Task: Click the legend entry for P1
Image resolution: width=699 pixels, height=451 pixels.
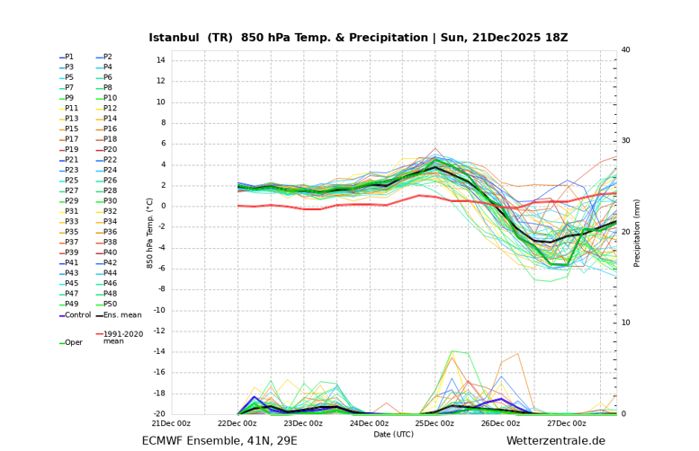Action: point(69,57)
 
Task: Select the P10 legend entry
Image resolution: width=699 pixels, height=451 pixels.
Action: point(110,98)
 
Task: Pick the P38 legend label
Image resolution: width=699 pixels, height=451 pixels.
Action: point(110,243)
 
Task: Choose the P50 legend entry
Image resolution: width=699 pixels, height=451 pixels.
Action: point(110,305)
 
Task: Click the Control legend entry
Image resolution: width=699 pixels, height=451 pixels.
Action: point(77,315)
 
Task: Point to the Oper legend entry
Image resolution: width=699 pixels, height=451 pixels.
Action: point(72,342)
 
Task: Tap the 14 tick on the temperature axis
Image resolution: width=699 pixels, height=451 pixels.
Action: point(161,60)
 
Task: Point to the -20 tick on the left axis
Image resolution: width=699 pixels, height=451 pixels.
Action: point(158,414)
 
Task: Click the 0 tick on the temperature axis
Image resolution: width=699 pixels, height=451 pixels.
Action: point(163,206)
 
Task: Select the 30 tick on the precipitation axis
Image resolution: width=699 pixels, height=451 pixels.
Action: point(626,141)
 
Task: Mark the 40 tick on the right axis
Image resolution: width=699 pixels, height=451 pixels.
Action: point(626,50)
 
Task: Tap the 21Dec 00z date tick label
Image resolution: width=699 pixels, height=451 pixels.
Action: point(171,423)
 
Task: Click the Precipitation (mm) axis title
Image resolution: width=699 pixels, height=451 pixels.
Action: point(637,232)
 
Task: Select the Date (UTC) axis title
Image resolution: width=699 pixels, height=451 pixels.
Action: point(394,434)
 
